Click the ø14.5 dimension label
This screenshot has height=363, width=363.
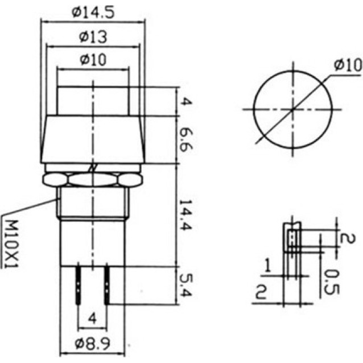point(93,13)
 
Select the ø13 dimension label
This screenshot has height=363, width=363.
point(93,37)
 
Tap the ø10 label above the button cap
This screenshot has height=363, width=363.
point(93,60)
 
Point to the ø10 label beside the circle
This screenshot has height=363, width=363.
point(348,65)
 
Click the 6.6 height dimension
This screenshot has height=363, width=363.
point(185,139)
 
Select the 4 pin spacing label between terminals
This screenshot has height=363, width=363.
point(92,319)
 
